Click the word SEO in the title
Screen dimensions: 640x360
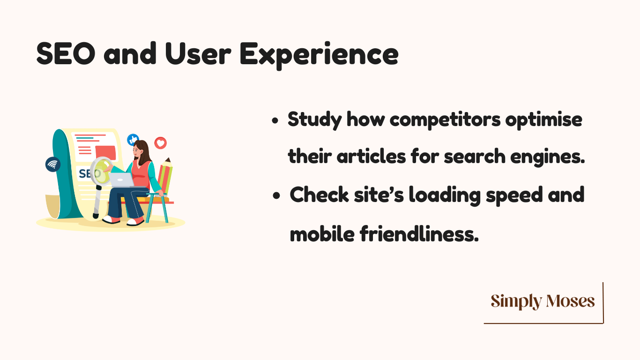coord(66,53)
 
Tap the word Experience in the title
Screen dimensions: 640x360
coord(319,55)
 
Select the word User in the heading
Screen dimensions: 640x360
coord(198,54)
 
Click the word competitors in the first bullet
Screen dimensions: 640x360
coord(445,120)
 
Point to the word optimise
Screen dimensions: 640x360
coord(543,120)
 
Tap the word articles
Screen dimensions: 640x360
coord(371,157)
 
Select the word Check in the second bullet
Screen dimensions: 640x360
coord(319,195)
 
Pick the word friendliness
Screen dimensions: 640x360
coord(419,234)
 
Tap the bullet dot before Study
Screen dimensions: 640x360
coord(275,120)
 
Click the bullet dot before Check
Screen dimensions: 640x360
coord(276,196)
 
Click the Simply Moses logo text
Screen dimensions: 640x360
coord(543,301)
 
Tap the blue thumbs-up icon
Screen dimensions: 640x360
coord(133,140)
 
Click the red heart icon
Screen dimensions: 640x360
coord(161,143)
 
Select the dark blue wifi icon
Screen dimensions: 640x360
coord(53,165)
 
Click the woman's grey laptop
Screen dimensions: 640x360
coord(122,180)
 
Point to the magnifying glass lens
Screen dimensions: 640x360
coord(101,171)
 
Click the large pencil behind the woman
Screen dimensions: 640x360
coord(165,176)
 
